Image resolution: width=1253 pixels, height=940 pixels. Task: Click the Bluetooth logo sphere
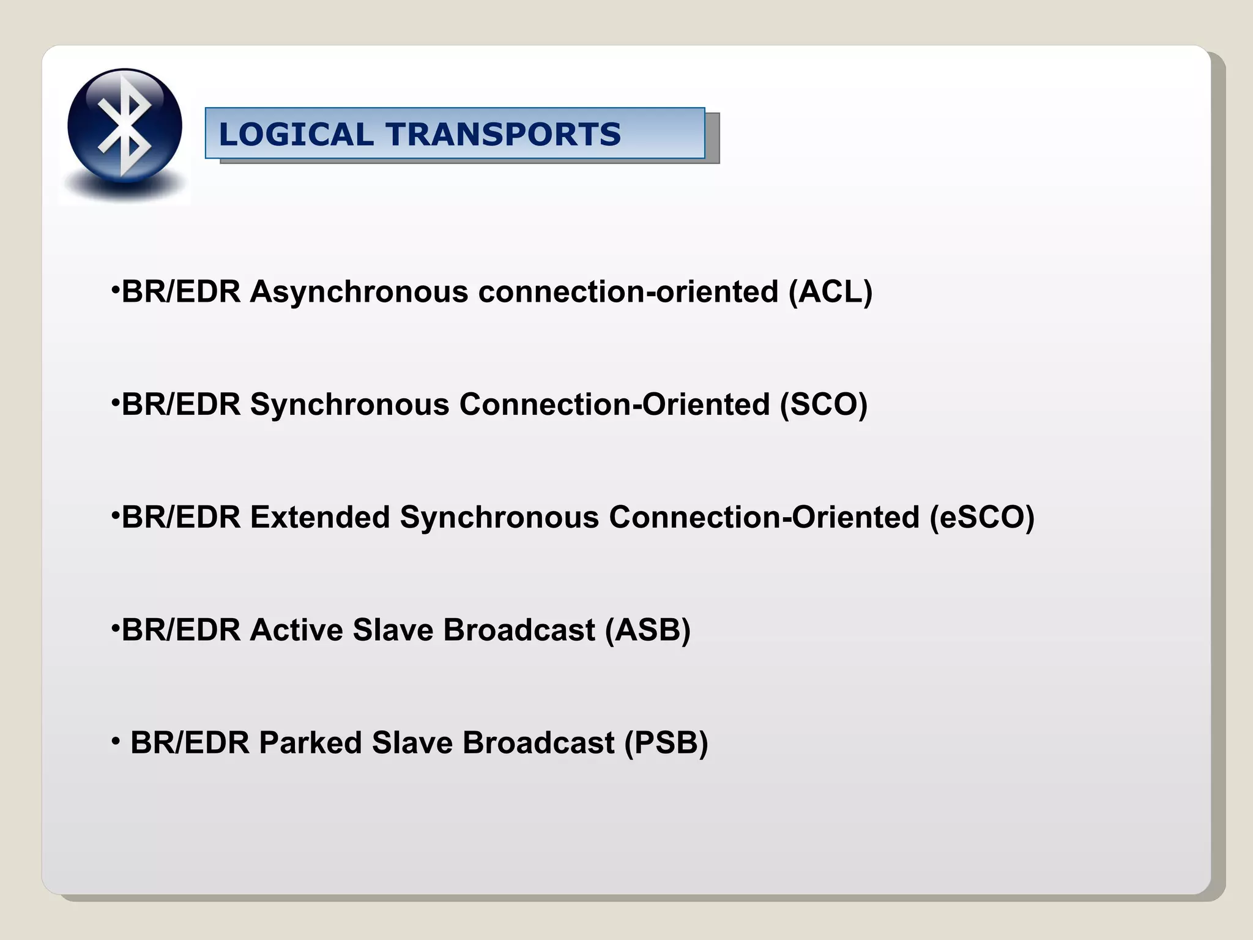click(125, 126)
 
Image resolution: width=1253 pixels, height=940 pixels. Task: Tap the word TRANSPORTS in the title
click(503, 135)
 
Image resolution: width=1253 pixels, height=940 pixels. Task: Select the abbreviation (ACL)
click(830, 292)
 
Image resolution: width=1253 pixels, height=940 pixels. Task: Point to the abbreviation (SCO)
click(824, 405)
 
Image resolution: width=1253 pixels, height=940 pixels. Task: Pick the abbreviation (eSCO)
click(982, 518)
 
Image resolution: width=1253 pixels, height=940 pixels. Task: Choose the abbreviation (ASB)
click(647, 630)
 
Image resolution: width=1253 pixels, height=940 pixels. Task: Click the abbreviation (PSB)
click(666, 744)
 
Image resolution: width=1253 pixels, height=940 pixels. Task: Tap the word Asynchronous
click(359, 292)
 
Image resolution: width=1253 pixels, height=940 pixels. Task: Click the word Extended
click(320, 518)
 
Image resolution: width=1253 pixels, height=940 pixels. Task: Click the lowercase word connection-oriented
click(628, 292)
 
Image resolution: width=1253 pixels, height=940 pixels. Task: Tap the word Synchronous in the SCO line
click(350, 405)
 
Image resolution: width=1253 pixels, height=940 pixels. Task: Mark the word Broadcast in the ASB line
click(519, 630)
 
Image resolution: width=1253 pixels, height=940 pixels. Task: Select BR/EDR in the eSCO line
click(181, 518)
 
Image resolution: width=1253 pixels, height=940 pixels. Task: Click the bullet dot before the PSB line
click(116, 742)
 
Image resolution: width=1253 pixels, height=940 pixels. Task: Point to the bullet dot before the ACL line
click(115, 289)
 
